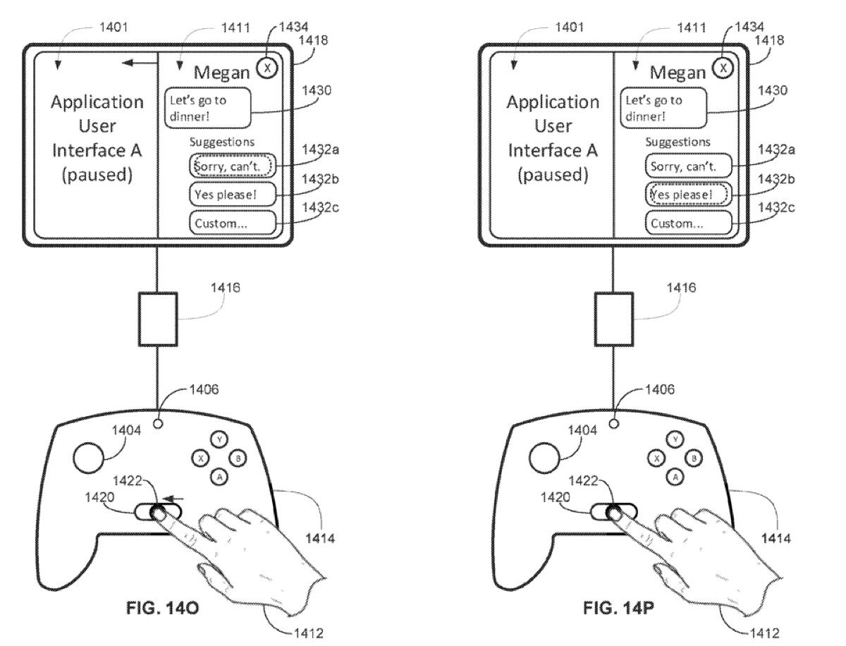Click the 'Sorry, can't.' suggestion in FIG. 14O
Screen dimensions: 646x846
[x=233, y=166]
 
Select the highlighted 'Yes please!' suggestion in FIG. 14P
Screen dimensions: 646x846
[x=687, y=194]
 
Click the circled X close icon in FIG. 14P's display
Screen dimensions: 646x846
[x=723, y=68]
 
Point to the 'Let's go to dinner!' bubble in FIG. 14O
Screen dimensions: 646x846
[x=208, y=107]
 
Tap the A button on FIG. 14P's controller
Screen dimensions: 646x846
[x=675, y=477]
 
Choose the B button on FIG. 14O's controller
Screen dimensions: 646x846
[x=240, y=458]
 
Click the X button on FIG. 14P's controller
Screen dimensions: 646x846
[x=657, y=458]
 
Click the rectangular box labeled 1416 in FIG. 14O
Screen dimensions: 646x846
[x=157, y=320]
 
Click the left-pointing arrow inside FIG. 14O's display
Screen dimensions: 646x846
[x=138, y=64]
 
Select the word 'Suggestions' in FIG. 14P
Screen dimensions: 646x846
[x=678, y=142]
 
